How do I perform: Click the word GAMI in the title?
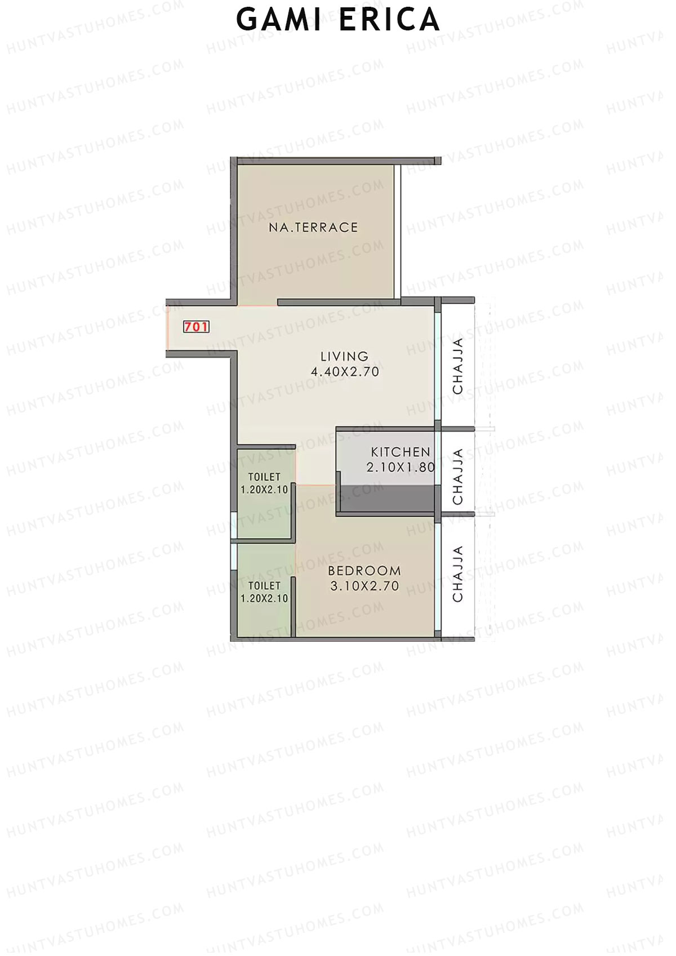(x=278, y=20)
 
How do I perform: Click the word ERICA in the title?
(x=389, y=20)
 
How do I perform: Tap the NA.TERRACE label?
(x=313, y=228)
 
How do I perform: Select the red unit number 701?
(x=196, y=327)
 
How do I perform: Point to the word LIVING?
(x=344, y=357)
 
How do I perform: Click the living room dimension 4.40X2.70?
(x=345, y=372)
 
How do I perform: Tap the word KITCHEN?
(x=401, y=452)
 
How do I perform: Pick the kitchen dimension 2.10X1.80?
(x=401, y=467)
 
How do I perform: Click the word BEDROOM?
(x=364, y=571)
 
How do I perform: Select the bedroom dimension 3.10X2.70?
(x=364, y=586)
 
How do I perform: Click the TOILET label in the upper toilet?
(x=264, y=477)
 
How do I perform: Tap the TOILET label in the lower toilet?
(x=264, y=586)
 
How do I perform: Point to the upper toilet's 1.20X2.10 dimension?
(x=264, y=490)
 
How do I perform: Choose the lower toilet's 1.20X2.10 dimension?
(x=264, y=599)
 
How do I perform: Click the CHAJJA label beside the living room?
(x=458, y=366)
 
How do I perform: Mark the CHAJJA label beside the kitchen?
(x=458, y=477)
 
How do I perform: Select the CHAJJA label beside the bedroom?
(x=458, y=573)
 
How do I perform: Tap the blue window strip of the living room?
(x=438, y=366)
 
